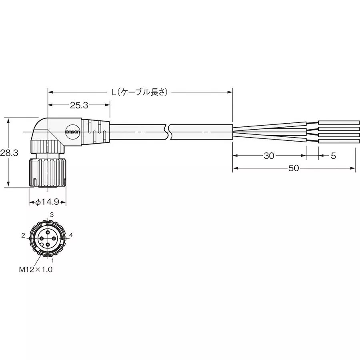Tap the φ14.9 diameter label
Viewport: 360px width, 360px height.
pos(47,203)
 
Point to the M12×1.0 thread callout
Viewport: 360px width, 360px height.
pos(36,270)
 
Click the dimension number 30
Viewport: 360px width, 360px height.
pos(269,156)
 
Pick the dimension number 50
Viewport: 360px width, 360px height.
pos(294,168)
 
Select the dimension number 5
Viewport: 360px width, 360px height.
pos(333,156)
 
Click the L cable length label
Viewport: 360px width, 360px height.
pos(140,92)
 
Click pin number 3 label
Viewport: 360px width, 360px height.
pos(51,215)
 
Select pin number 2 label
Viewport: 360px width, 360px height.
pos(24,235)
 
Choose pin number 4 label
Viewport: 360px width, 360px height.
pos(71,235)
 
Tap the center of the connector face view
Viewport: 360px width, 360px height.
pos(47,238)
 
